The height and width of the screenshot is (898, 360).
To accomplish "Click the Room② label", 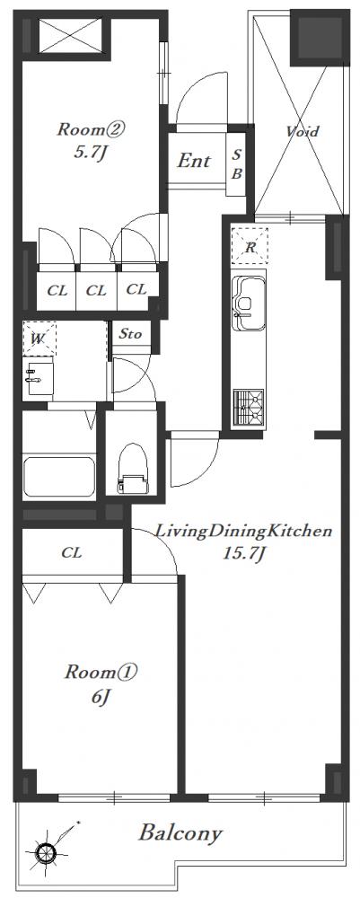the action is click(x=91, y=130).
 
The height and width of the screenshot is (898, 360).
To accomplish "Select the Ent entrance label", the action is click(x=193, y=161).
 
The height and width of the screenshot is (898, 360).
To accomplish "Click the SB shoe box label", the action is click(x=236, y=163).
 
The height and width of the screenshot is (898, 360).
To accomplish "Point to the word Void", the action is click(x=303, y=132).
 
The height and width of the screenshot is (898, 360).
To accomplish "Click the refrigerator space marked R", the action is click(x=250, y=246).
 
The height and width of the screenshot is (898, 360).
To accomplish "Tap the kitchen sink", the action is click(x=250, y=304).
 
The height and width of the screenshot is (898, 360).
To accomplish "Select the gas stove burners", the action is click(x=249, y=407).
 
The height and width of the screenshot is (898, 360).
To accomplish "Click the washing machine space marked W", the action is click(x=39, y=339).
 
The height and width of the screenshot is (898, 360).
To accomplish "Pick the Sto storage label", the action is click(x=130, y=334).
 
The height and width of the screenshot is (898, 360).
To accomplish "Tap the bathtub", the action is click(x=59, y=475).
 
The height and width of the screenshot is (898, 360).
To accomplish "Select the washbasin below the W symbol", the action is click(x=39, y=377).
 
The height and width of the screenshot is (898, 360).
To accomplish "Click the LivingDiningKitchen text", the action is click(x=244, y=532).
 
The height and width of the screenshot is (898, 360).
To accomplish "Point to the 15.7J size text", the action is click(x=243, y=554).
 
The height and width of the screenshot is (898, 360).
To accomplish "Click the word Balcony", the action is click(x=180, y=832).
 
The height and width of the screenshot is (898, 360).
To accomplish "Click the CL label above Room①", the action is click(x=72, y=552).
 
